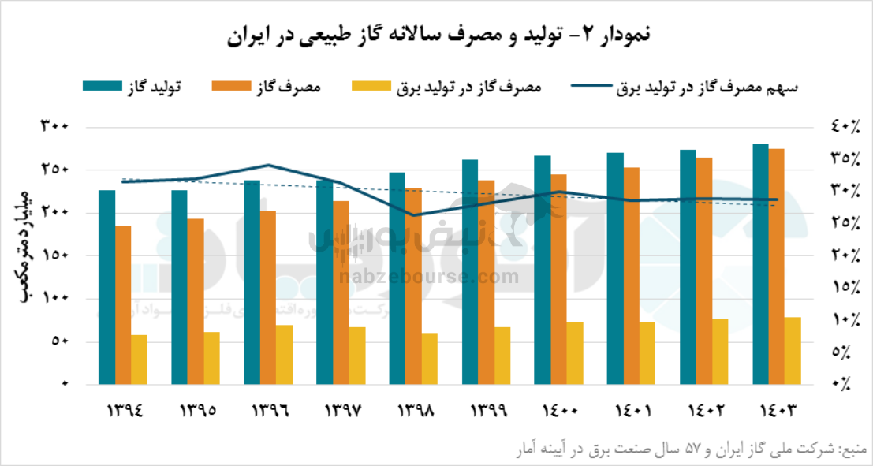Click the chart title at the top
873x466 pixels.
pos(436,35)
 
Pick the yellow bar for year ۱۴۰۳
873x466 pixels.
pos(793,350)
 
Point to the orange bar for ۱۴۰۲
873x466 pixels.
pos(703,270)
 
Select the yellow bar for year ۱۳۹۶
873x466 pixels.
pos(284,354)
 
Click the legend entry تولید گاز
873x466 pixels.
pos(133,86)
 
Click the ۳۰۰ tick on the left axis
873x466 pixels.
pos(54,127)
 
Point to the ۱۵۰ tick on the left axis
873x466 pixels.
pos(54,255)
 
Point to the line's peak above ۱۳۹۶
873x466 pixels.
pos(268,165)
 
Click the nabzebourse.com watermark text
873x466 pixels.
pos(430,277)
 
